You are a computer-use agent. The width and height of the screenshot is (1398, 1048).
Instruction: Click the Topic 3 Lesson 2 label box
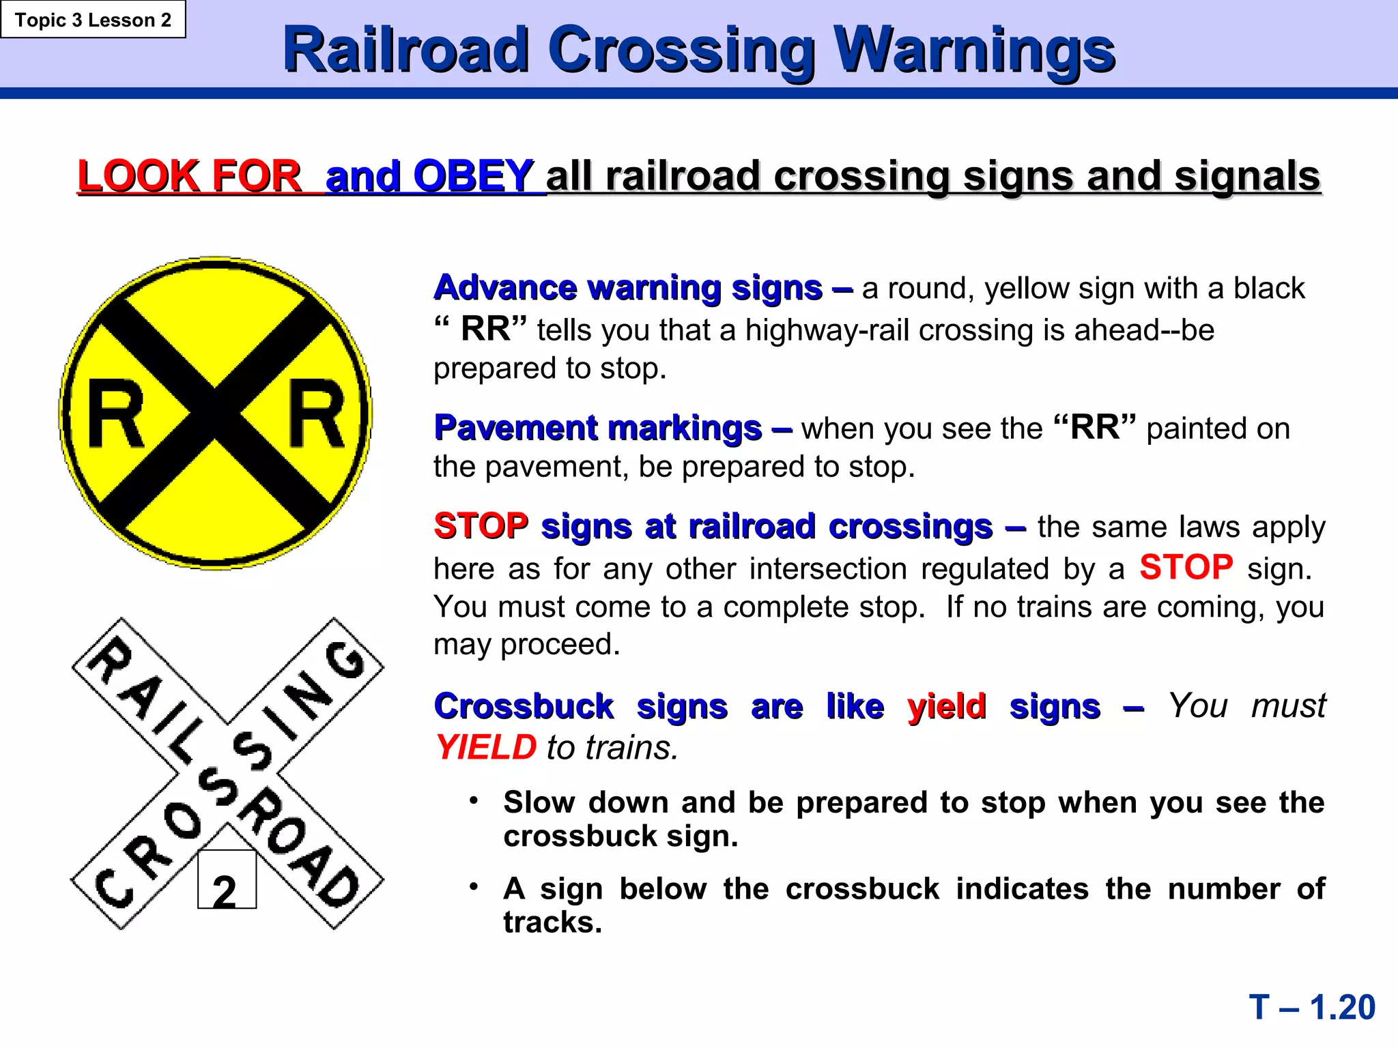pos(93,20)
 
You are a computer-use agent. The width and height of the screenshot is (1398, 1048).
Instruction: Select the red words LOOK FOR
pos(189,176)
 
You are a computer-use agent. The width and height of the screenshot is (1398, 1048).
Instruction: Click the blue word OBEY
pos(473,176)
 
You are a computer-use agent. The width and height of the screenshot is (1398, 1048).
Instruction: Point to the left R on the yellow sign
pos(117,414)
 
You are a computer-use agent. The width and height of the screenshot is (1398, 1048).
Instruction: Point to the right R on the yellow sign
pos(316,414)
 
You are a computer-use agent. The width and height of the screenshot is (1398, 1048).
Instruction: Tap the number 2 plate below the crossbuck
pos(227,880)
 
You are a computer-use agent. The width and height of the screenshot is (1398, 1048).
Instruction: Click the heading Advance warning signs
pos(628,288)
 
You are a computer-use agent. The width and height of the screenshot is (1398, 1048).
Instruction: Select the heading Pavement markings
pos(598,428)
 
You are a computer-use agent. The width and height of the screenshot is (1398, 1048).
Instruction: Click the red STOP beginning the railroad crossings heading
pos(481,527)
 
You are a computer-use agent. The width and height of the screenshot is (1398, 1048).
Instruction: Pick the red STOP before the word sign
pos(1186,568)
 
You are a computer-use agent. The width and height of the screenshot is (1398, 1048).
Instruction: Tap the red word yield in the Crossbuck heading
pos(947,706)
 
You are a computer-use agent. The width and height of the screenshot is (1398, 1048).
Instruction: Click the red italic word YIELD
pos(487,747)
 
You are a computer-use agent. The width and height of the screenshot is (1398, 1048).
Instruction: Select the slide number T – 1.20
pos(1312,1008)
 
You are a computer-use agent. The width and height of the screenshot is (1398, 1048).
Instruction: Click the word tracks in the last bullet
pos(552,922)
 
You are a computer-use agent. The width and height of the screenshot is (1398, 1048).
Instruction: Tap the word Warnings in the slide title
pos(975,50)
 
